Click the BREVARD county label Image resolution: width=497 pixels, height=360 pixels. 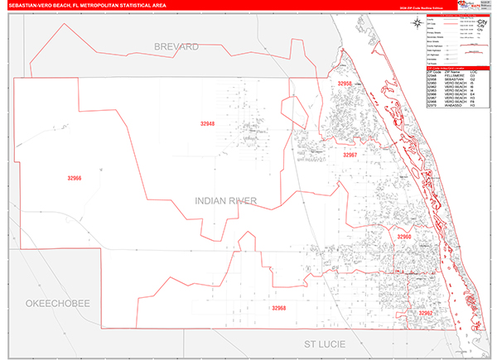pyautogui.click(x=176, y=47)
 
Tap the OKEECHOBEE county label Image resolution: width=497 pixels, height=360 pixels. pyautogui.click(x=57, y=304)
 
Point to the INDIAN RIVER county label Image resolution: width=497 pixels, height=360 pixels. pyautogui.click(x=226, y=200)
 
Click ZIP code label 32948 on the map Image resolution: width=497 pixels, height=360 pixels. pyautogui.click(x=207, y=124)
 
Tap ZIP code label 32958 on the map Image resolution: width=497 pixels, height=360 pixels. pyautogui.click(x=345, y=84)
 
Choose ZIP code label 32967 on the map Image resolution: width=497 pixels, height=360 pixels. pyautogui.click(x=350, y=155)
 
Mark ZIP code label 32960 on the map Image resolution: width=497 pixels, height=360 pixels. pyautogui.click(x=403, y=238)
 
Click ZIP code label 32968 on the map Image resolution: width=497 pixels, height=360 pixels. pyautogui.click(x=278, y=308)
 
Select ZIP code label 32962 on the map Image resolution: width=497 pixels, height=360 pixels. pyautogui.click(x=425, y=314)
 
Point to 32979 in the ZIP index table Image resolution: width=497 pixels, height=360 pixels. pyautogui.click(x=432, y=106)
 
